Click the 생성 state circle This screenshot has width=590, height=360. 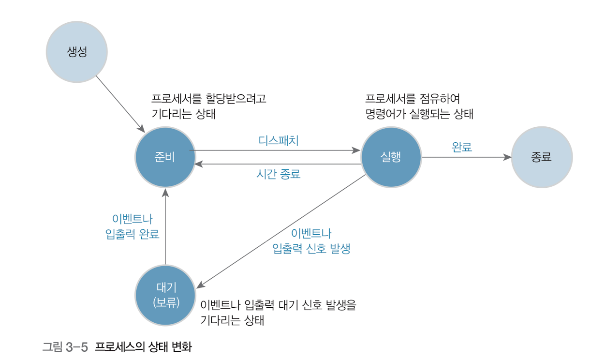pos(76,52)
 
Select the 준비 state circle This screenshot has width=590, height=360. pos(165,157)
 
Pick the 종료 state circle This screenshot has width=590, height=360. pos(541,157)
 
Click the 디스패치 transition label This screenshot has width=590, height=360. pos(279,141)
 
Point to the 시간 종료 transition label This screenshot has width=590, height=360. pos(278,174)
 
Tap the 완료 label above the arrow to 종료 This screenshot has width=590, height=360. pos(461,147)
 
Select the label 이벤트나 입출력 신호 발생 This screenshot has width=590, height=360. pos(311,241)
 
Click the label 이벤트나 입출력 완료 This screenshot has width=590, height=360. pos(132,226)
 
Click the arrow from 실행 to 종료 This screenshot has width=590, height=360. pos(466,157)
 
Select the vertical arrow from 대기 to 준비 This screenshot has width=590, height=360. pos(165,227)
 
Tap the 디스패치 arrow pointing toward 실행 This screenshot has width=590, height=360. pos(276,150)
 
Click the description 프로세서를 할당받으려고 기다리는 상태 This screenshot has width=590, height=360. pos(209,106)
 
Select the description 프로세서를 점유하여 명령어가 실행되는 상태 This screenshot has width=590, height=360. pos(419,106)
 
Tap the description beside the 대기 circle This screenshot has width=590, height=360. pos(278,313)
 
